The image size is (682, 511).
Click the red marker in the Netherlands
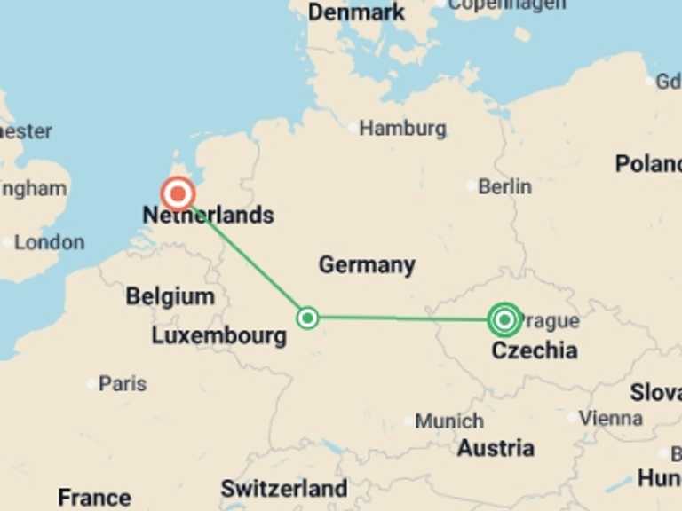click(x=178, y=193)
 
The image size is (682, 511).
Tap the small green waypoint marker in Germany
click(x=307, y=318)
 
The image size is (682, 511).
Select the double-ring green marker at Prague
click(x=504, y=318)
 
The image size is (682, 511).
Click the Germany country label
click(x=367, y=264)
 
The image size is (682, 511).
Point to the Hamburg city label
click(x=402, y=129)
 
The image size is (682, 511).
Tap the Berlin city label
click(x=504, y=187)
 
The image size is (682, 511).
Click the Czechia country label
click(x=535, y=350)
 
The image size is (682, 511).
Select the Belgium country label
click(x=170, y=296)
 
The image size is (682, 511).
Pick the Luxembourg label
click(x=218, y=335)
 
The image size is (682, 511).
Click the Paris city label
click(x=123, y=384)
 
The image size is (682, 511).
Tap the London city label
click(x=49, y=242)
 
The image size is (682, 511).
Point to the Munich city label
click(x=449, y=421)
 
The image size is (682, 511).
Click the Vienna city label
click(x=611, y=417)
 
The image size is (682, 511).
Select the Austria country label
click(x=496, y=448)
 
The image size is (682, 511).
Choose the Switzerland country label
click(x=283, y=488)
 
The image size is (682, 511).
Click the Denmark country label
click(x=357, y=12)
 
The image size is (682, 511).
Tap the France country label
click(x=94, y=497)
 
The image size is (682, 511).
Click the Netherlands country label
click(x=208, y=215)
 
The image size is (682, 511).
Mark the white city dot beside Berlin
click(x=472, y=186)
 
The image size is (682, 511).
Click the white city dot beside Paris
click(x=91, y=384)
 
